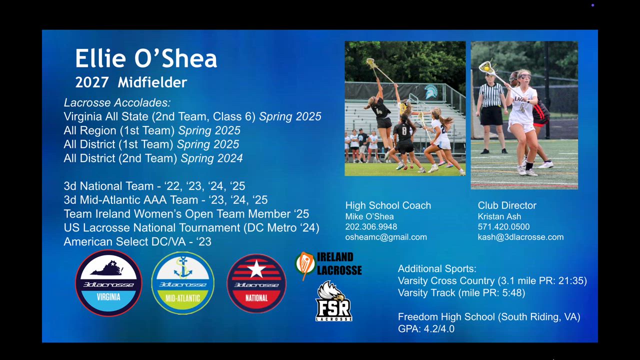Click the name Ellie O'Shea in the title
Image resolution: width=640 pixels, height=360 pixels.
146,58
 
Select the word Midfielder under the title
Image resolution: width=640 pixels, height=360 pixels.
152,82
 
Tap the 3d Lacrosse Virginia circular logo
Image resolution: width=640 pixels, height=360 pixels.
108,283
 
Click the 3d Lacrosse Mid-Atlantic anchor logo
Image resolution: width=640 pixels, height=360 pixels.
182,283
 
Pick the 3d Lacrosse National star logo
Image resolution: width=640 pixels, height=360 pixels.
256,283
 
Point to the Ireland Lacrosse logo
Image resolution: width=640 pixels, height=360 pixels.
328,265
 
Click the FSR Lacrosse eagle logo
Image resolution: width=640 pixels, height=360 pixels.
333,301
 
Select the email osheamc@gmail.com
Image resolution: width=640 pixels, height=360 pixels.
386,237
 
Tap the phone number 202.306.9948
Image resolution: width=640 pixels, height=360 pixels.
371,227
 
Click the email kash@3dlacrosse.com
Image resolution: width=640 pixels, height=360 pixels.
520,237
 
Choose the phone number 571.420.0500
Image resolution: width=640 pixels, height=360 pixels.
503,227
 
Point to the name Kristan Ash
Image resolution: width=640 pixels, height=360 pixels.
499,216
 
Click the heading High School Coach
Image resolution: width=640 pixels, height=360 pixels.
388,205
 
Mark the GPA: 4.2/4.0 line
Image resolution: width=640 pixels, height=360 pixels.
426,329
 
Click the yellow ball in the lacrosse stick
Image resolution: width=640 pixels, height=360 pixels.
486,68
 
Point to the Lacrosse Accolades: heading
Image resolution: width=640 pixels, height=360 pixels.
117,103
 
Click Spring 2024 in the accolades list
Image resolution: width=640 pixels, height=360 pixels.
211,158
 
